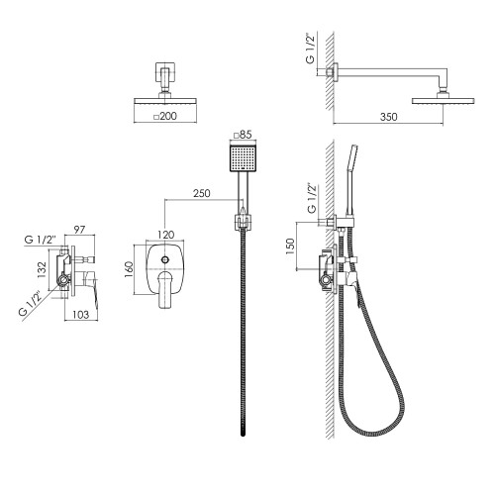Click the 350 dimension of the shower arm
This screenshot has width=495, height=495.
tap(388, 117)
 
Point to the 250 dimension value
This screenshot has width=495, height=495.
tap(202, 193)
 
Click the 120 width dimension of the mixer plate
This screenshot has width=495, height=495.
tap(165, 235)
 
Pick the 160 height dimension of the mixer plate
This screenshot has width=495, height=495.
tap(129, 269)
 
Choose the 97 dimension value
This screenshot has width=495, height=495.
tap(79, 230)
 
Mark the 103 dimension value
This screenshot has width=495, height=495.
tap(81, 315)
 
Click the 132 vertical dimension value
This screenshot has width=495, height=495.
tap(42, 269)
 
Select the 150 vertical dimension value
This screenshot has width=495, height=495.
tap(290, 246)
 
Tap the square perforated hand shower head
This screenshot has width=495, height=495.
tap(243, 158)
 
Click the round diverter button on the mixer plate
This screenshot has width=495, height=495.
tap(165, 259)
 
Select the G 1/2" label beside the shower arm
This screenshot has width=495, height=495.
tap(311, 49)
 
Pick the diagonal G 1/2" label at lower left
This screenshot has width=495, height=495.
tap(31, 303)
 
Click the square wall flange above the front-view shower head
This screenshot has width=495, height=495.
tap(165, 72)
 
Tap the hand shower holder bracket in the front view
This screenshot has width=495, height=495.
tap(243, 222)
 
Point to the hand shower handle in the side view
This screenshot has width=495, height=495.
tap(350, 181)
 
